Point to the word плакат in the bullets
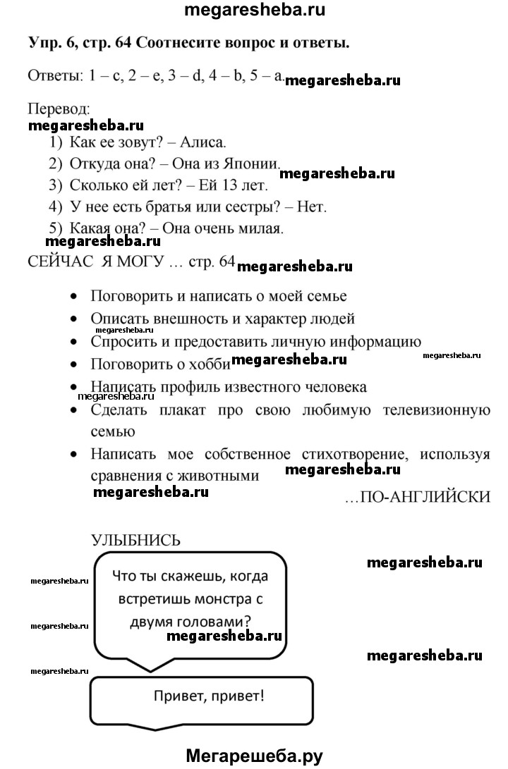coord(201,410)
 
